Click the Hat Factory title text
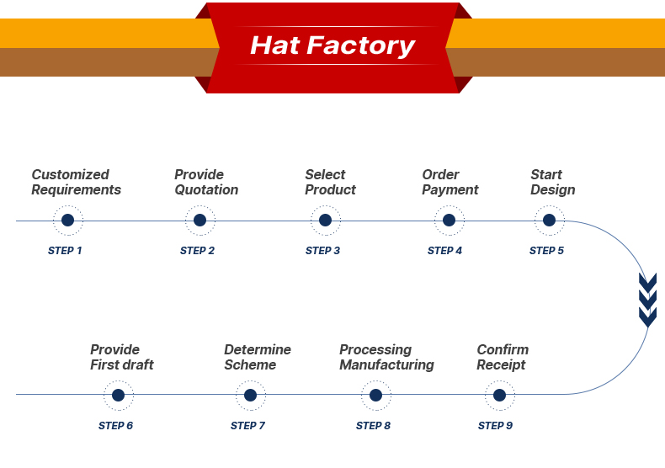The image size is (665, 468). coord(332,45)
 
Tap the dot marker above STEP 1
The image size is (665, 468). coord(67,221)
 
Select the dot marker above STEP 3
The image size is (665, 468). coord(325,221)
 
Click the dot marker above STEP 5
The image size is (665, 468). coord(549,221)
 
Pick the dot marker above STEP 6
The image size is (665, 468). coord(118,395)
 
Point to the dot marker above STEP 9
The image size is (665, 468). coord(499,395)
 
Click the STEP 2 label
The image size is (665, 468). coord(197,251)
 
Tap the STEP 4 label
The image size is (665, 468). coord(444,251)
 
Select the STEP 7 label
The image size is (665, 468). coord(247,426)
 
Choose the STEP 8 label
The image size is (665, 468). coord(373,426)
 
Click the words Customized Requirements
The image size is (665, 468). coord(76,183)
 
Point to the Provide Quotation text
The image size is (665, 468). coord(206,183)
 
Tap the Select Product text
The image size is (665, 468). coord(330,183)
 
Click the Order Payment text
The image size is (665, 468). coord(450,183)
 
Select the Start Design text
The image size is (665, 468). coord(552,183)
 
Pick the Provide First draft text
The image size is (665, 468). coord(122,358)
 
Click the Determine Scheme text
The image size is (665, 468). coord(257,358)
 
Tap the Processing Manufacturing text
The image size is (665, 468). coord(386,358)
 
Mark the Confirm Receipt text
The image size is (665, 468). coord(503,358)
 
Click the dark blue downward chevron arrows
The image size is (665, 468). coord(647,300)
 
